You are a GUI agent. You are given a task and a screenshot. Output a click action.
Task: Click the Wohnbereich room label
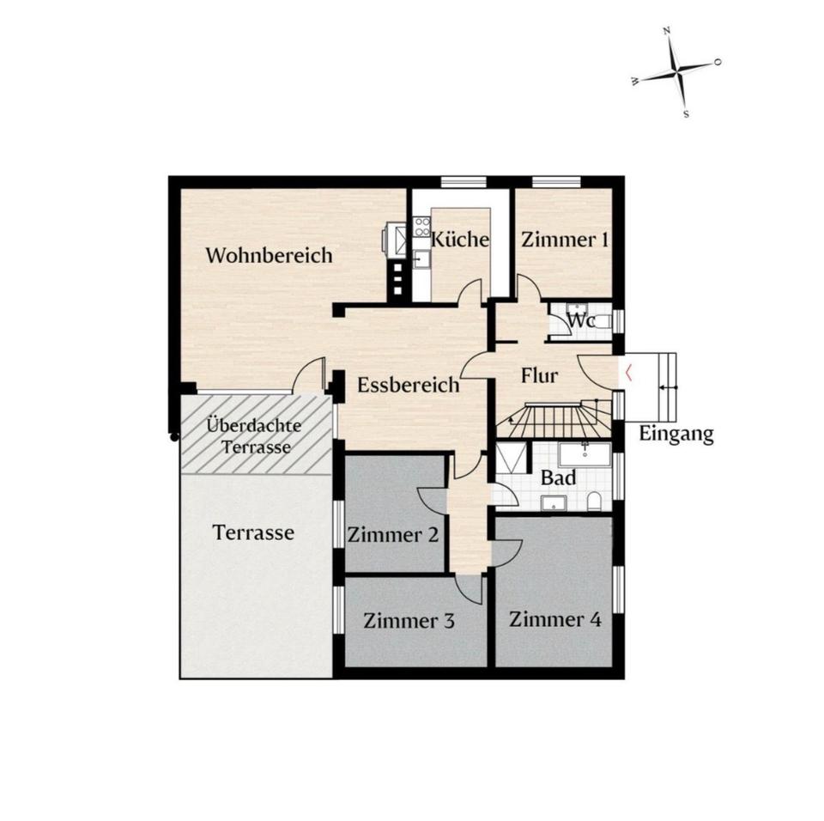click(x=269, y=255)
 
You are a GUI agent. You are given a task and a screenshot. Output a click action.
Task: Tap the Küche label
click(x=460, y=239)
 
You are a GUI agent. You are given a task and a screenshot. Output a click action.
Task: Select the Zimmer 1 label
click(x=565, y=240)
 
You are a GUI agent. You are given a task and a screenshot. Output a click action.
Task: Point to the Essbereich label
click(x=409, y=385)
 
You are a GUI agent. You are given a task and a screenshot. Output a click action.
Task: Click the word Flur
click(x=539, y=375)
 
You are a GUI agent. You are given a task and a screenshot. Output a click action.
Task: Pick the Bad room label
click(x=558, y=477)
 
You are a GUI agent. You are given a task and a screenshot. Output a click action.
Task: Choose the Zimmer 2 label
click(x=392, y=535)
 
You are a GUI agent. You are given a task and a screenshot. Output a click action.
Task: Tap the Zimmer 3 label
click(x=409, y=621)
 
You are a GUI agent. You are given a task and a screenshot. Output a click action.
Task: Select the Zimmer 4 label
click(x=555, y=619)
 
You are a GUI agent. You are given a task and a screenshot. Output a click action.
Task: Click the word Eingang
click(x=676, y=435)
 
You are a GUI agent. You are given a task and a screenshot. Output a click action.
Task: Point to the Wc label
click(x=580, y=319)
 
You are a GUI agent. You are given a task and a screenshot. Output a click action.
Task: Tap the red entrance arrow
click(x=628, y=373)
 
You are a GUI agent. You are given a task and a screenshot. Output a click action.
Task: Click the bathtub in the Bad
click(x=585, y=454)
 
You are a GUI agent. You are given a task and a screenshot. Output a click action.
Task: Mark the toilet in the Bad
click(x=594, y=501)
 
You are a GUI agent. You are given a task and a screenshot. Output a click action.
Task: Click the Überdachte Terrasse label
click(x=255, y=436)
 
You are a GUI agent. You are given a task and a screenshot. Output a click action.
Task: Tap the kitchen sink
click(x=421, y=258)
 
